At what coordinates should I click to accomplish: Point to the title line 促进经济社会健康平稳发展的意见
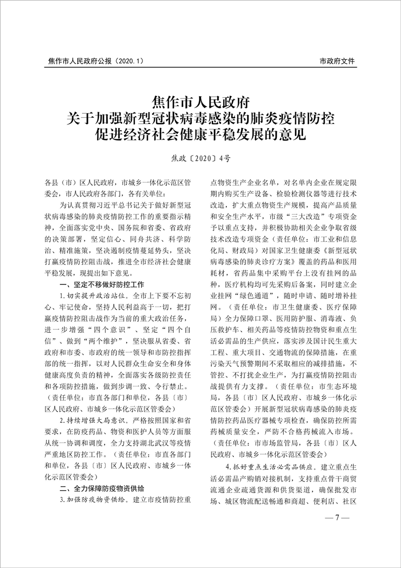[201, 134]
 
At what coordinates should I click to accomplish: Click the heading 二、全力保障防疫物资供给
[102, 488]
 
